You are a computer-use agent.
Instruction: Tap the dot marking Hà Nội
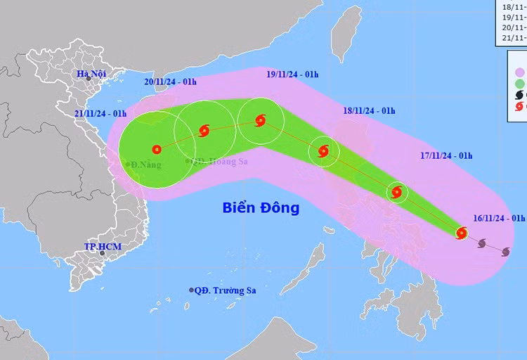[x=89, y=78]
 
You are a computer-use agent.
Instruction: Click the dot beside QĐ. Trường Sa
[x=192, y=290]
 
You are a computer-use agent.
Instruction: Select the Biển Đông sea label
[x=261, y=208]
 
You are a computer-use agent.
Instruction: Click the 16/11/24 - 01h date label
[x=499, y=218]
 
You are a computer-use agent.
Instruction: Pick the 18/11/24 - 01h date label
[x=369, y=110]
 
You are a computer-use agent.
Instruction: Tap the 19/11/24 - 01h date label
[x=292, y=74]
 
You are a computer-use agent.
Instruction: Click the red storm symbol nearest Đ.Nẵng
[x=156, y=149]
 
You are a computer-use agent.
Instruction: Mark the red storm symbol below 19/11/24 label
[x=261, y=120]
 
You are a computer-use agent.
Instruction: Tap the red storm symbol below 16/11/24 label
[x=462, y=233]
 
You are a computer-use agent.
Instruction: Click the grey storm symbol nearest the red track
[x=482, y=244]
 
